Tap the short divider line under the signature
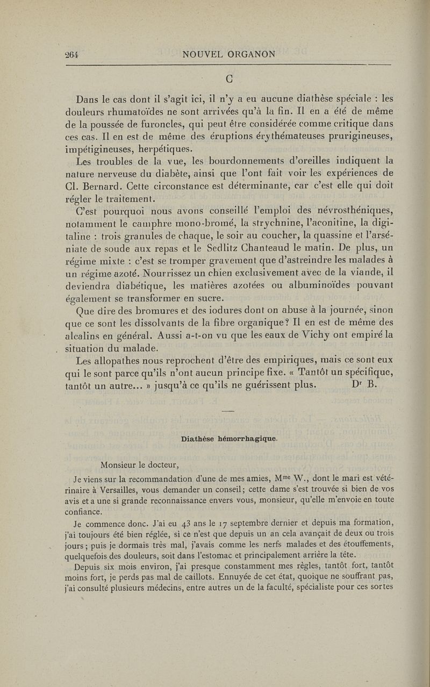pyautogui.click(x=228, y=411)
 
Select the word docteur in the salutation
pyautogui.click(x=160, y=465)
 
